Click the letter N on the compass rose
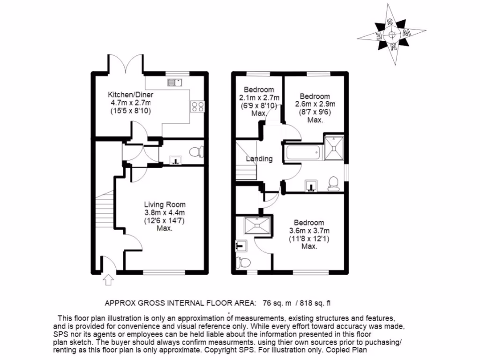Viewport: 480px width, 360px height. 394,46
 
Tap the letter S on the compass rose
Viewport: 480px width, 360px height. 390,22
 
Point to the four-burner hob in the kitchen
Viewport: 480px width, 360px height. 197,106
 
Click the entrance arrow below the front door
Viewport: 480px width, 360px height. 109,280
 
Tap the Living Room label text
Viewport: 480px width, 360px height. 165,204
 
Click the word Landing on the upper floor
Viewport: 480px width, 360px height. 260,159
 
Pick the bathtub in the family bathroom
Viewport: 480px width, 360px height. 302,152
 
